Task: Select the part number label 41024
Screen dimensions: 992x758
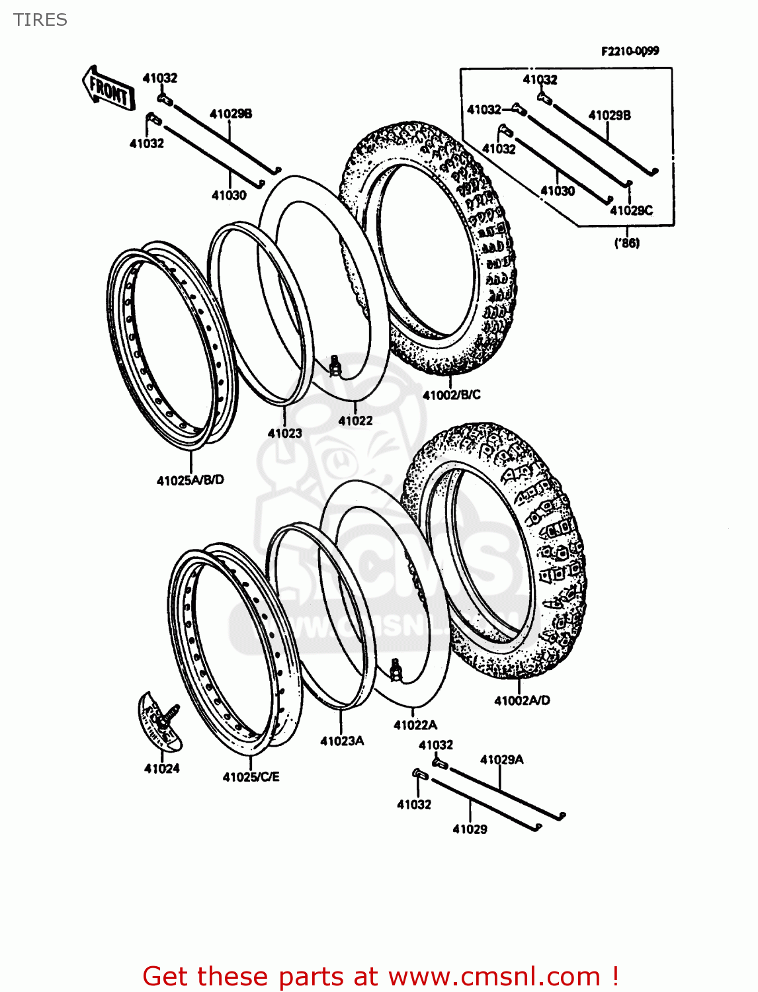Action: click(x=162, y=768)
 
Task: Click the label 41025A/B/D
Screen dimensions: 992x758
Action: click(x=190, y=480)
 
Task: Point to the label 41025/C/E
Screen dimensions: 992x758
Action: click(x=251, y=777)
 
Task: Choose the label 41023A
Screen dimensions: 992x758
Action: click(x=342, y=741)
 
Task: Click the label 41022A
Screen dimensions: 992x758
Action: click(x=415, y=725)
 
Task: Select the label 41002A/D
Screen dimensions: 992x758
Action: click(x=522, y=700)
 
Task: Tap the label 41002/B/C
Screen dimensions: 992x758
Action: click(x=452, y=395)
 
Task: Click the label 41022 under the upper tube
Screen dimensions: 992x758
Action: click(x=355, y=421)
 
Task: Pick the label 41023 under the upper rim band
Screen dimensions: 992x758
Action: click(x=284, y=433)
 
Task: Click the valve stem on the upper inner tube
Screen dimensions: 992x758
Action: click(x=335, y=365)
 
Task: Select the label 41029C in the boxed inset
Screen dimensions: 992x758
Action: click(x=631, y=210)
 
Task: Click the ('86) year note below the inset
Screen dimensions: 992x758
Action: click(x=626, y=243)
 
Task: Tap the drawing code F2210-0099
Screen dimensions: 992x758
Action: click(x=630, y=51)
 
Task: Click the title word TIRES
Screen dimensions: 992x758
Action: click(x=40, y=20)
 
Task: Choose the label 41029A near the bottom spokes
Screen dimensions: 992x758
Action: click(x=501, y=759)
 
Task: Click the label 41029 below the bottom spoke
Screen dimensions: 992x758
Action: click(x=470, y=829)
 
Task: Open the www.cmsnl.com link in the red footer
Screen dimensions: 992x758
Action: click(x=494, y=976)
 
